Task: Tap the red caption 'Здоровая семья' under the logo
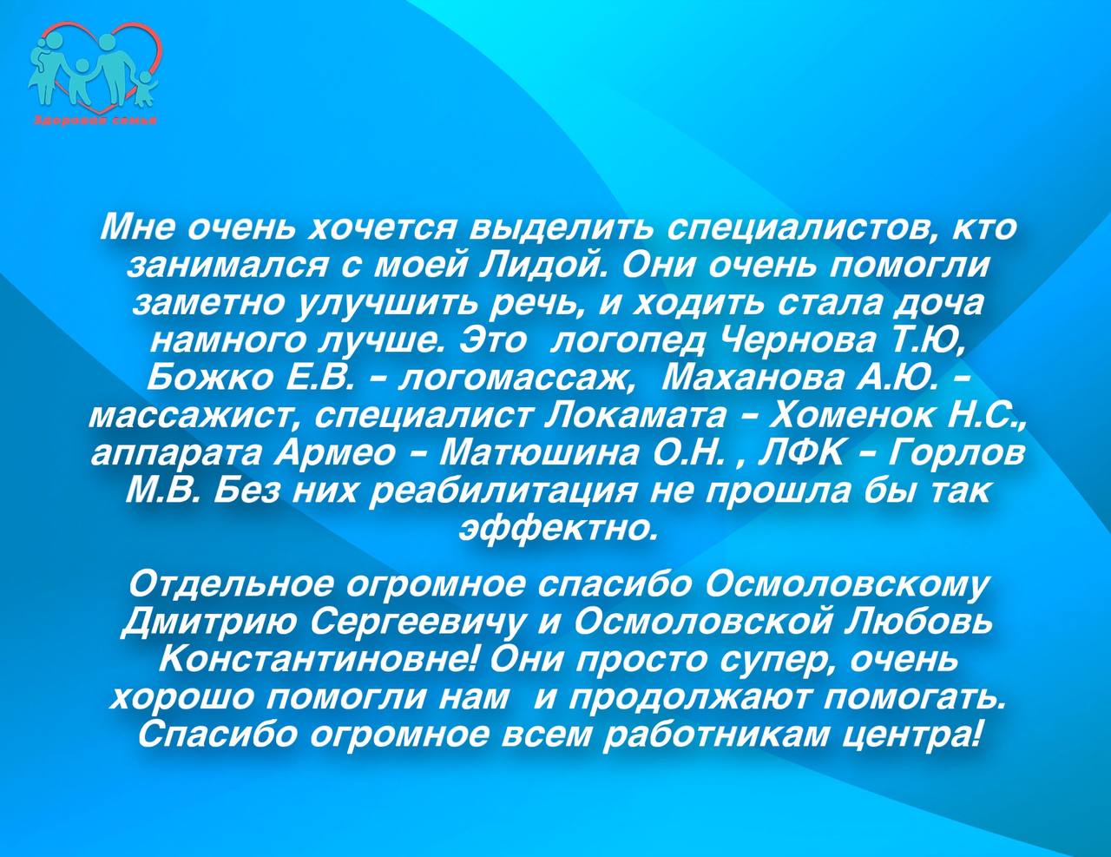[95, 121]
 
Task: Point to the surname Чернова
[799, 340]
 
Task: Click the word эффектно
[556, 528]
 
